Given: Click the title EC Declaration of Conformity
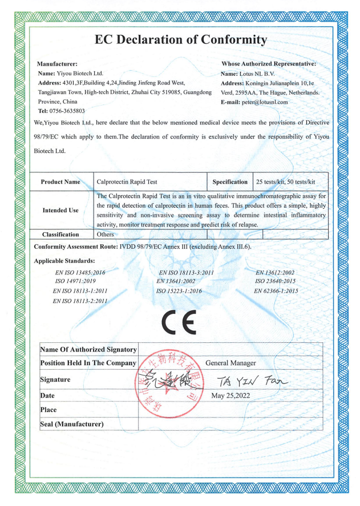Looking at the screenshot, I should pyautogui.click(x=180, y=40).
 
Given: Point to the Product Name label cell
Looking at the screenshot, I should pyautogui.click(x=60, y=182).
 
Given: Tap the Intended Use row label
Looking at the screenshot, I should pyautogui.click(x=60, y=211).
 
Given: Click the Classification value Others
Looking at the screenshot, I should pyautogui.click(x=106, y=234).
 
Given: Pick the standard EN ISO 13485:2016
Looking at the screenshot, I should pyautogui.click(x=80, y=273).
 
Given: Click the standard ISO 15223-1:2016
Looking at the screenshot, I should pyautogui.click(x=179, y=290).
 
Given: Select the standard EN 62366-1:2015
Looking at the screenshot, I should pyautogui.click(x=276, y=290).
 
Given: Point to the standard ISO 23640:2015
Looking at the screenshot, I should pyautogui.click(x=276, y=281).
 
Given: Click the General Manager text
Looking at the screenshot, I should pyautogui.click(x=230, y=363).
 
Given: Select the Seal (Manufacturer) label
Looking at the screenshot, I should pyautogui.click(x=72, y=424).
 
